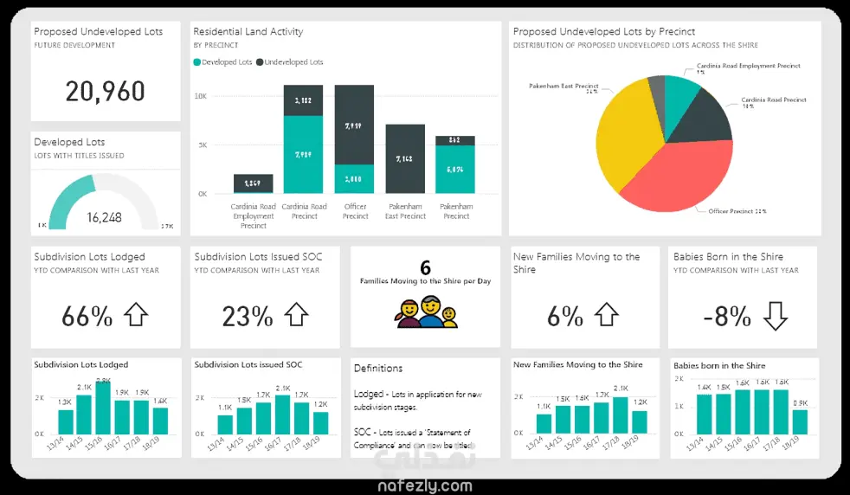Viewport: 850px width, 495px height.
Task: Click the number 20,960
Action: [106, 92]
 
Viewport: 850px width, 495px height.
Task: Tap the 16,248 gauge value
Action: [104, 217]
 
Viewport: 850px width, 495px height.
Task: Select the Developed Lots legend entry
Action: [224, 62]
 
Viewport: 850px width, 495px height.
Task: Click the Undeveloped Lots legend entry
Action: [291, 62]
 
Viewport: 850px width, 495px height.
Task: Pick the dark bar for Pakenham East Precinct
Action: [405, 159]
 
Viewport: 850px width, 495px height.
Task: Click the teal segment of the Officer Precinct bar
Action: [354, 179]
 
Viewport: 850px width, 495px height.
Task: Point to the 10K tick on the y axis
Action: [201, 96]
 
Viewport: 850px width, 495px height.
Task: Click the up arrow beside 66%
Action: [137, 315]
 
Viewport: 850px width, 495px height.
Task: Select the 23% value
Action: [248, 316]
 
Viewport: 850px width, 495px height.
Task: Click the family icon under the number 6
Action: [425, 311]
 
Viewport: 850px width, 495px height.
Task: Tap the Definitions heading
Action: [378, 369]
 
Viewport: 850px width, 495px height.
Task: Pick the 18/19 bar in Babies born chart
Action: [800, 421]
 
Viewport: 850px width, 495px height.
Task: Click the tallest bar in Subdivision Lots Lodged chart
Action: [103, 408]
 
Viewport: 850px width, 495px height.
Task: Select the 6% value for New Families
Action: [565, 316]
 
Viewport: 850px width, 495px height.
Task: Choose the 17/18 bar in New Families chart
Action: [621, 415]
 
